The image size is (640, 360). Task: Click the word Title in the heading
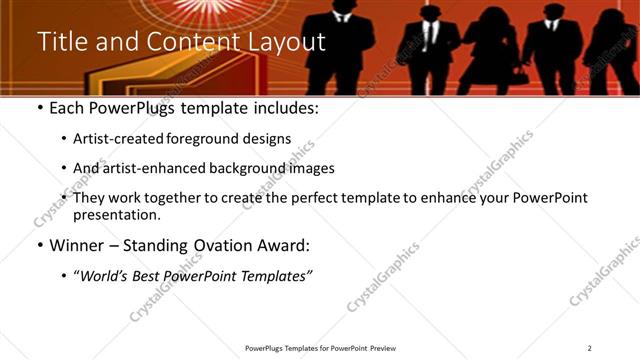tap(59, 42)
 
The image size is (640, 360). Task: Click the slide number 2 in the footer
tap(590, 348)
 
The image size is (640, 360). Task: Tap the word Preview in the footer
tap(381, 348)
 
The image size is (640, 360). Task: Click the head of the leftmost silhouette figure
tap(339, 8)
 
